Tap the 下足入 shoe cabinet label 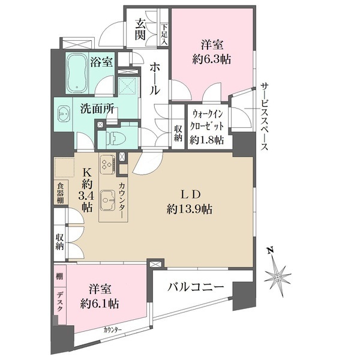click(x=164, y=34)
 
